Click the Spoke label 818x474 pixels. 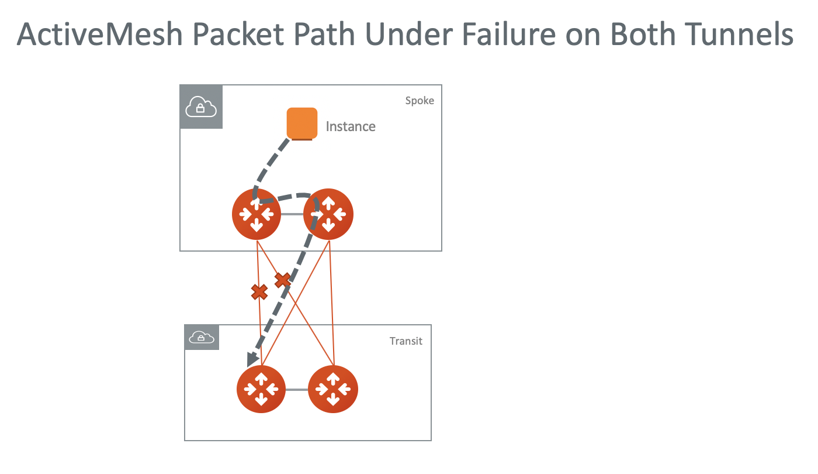pyautogui.click(x=420, y=101)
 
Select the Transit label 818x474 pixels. pyautogui.click(x=405, y=341)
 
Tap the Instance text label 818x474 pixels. pyautogui.click(x=351, y=126)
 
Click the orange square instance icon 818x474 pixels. pyautogui.click(x=302, y=123)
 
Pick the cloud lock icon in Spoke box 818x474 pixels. pyautogui.click(x=201, y=107)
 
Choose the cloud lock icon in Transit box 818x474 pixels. pyautogui.click(x=202, y=338)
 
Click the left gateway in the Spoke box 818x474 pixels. pyautogui.click(x=257, y=214)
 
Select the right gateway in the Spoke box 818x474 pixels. pyautogui.click(x=328, y=214)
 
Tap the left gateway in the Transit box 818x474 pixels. pyautogui.click(x=261, y=389)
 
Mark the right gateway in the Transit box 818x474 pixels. pyautogui.click(x=333, y=389)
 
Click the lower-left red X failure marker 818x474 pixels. pyautogui.click(x=259, y=291)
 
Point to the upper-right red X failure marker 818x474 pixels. pyautogui.click(x=283, y=280)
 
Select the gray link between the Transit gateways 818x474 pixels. pyautogui.click(x=297, y=389)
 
